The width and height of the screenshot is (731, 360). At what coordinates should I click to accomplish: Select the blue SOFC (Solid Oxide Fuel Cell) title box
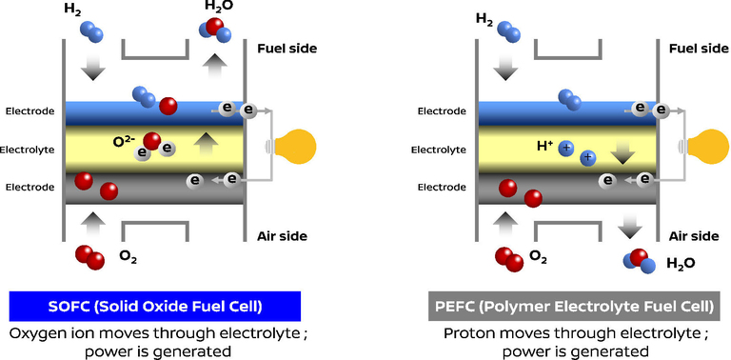(155, 306)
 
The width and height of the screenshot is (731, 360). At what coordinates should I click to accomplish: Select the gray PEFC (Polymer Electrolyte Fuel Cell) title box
(572, 306)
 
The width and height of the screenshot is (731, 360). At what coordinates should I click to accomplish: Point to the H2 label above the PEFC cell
(484, 18)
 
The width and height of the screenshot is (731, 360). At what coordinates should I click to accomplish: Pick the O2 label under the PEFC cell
(538, 256)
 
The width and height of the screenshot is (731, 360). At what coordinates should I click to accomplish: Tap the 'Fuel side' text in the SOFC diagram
(286, 48)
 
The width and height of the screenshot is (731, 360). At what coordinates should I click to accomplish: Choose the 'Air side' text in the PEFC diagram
(692, 236)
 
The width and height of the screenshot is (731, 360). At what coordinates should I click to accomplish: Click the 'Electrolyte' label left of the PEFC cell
(439, 150)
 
